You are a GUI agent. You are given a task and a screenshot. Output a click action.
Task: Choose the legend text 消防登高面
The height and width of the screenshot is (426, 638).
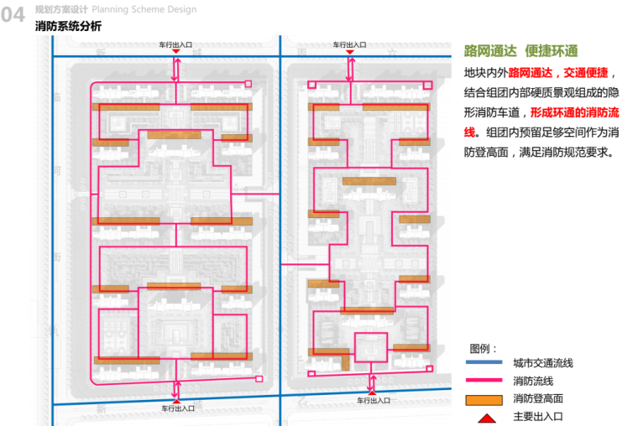[x=538, y=398]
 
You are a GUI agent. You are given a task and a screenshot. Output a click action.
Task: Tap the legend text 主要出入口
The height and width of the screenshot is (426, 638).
[x=538, y=416]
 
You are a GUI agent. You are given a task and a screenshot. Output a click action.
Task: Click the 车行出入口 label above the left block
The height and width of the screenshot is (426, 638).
[x=176, y=43]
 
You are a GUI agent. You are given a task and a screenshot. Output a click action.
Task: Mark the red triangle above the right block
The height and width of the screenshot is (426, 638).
[x=348, y=51]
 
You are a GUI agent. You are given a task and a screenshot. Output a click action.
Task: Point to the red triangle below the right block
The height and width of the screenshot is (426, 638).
[x=373, y=392]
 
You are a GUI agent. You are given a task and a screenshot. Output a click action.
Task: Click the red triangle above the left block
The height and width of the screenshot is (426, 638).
[x=175, y=51]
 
